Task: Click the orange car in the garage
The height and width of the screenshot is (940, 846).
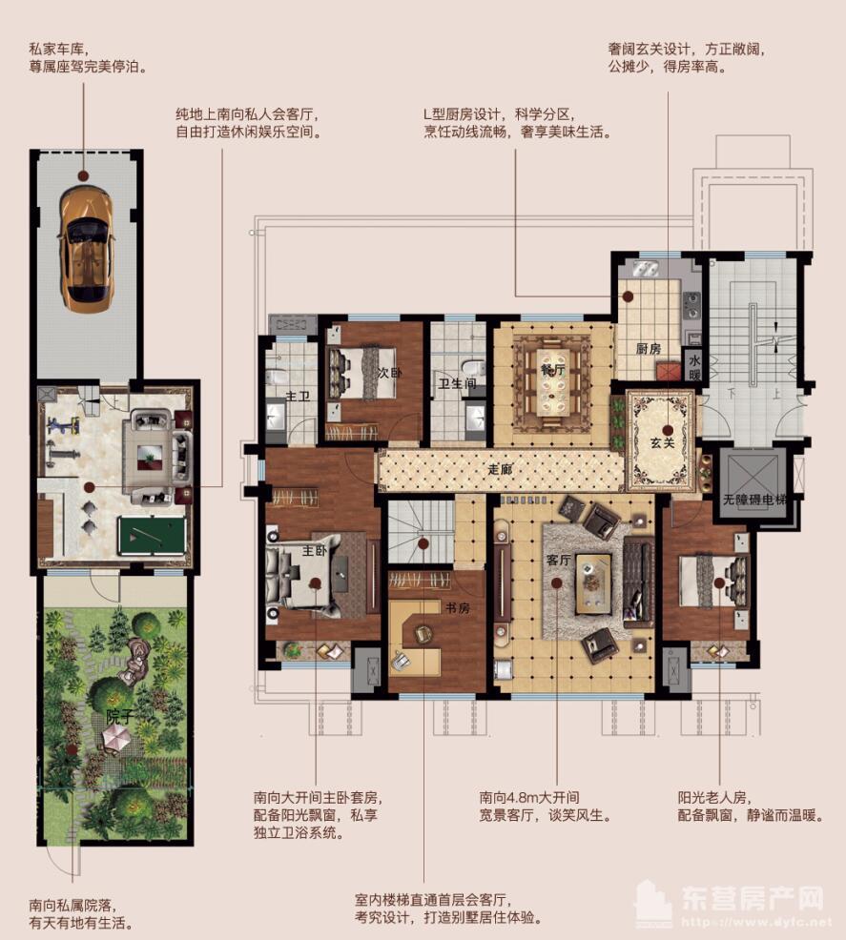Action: tap(87, 247)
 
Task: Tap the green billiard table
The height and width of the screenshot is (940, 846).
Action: tap(151, 536)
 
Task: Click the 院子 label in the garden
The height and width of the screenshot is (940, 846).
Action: tap(118, 716)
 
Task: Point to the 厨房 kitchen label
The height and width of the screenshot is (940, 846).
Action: tap(649, 348)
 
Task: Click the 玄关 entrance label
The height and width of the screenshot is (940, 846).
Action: tap(663, 443)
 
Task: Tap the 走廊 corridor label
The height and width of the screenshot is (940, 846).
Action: tap(500, 469)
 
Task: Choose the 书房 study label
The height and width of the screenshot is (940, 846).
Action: tap(457, 608)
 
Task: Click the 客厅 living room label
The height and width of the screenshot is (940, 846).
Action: tap(558, 560)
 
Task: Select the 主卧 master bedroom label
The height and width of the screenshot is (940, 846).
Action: tap(314, 550)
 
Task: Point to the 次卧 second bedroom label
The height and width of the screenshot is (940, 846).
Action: tap(389, 373)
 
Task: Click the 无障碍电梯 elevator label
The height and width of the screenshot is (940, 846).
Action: tap(753, 499)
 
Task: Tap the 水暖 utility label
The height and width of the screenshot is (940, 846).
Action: tap(693, 367)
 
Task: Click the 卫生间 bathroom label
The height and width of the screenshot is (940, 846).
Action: tap(457, 383)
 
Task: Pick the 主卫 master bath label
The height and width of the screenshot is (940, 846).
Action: tap(298, 397)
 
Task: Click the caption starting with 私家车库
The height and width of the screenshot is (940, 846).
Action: tap(88, 58)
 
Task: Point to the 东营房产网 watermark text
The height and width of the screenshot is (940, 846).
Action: tap(753, 898)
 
